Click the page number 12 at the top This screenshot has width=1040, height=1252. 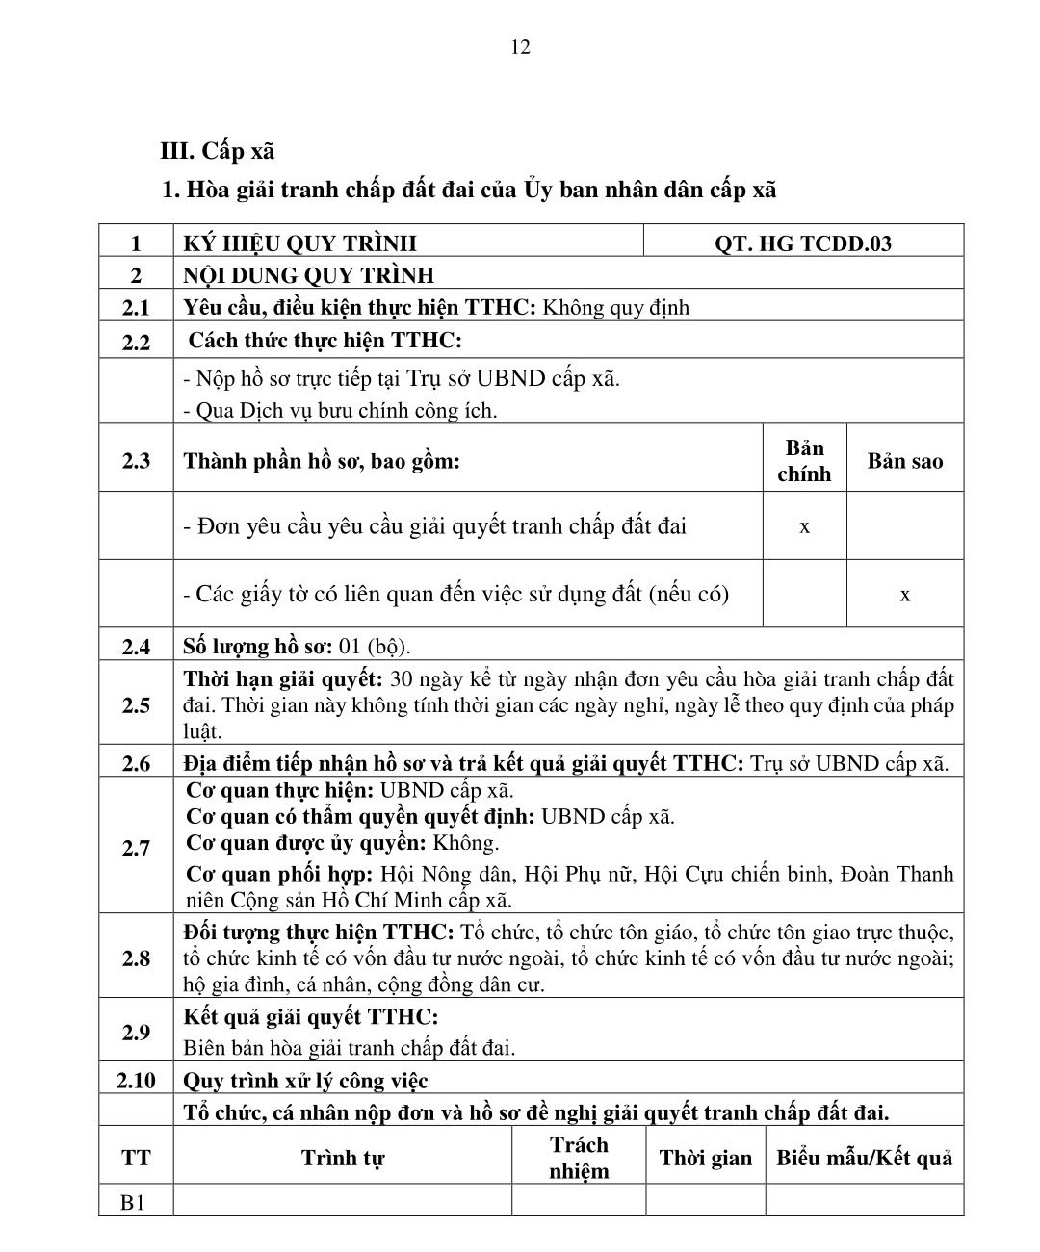point(520,47)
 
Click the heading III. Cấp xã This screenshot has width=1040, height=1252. point(217,151)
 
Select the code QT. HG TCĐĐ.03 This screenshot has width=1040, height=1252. point(802,243)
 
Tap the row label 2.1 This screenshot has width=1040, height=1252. point(136,308)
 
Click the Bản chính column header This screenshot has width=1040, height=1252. point(804,460)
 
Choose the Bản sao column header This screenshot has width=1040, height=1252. point(904,461)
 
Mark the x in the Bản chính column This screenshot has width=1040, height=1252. point(804,526)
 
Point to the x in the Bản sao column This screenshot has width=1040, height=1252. point(904,595)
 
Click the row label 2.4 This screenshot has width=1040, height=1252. point(136,647)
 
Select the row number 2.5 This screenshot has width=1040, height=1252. point(136,705)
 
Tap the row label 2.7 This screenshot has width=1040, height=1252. point(136,847)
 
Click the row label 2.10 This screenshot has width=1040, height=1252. point(136,1080)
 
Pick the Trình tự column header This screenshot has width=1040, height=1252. point(342,1158)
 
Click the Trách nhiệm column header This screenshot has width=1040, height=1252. point(579,1158)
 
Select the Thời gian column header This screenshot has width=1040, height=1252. point(705,1158)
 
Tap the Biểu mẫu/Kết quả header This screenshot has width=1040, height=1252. point(864,1158)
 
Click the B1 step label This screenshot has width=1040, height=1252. point(134,1202)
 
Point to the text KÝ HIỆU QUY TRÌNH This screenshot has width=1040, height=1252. point(299,243)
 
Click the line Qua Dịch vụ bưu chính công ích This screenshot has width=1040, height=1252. point(340,411)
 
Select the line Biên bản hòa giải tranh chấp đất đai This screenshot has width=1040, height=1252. point(349,1047)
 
